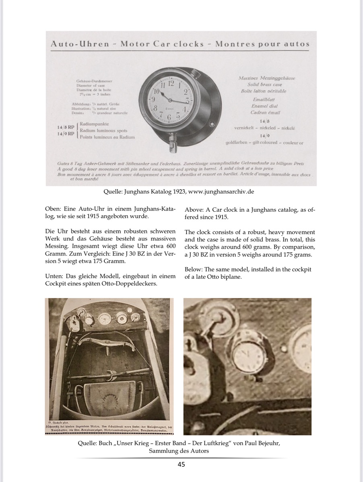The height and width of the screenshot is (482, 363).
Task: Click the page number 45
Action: (x=181, y=465)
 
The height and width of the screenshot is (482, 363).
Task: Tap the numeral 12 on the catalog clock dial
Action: (x=171, y=83)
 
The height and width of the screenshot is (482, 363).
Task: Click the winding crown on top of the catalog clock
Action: (x=196, y=74)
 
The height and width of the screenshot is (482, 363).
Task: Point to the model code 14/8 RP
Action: (x=65, y=127)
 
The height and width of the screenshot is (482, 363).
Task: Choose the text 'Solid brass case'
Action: (x=265, y=84)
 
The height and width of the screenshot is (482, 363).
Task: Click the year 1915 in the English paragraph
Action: (x=219, y=217)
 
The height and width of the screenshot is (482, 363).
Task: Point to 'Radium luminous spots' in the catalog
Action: (x=103, y=131)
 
